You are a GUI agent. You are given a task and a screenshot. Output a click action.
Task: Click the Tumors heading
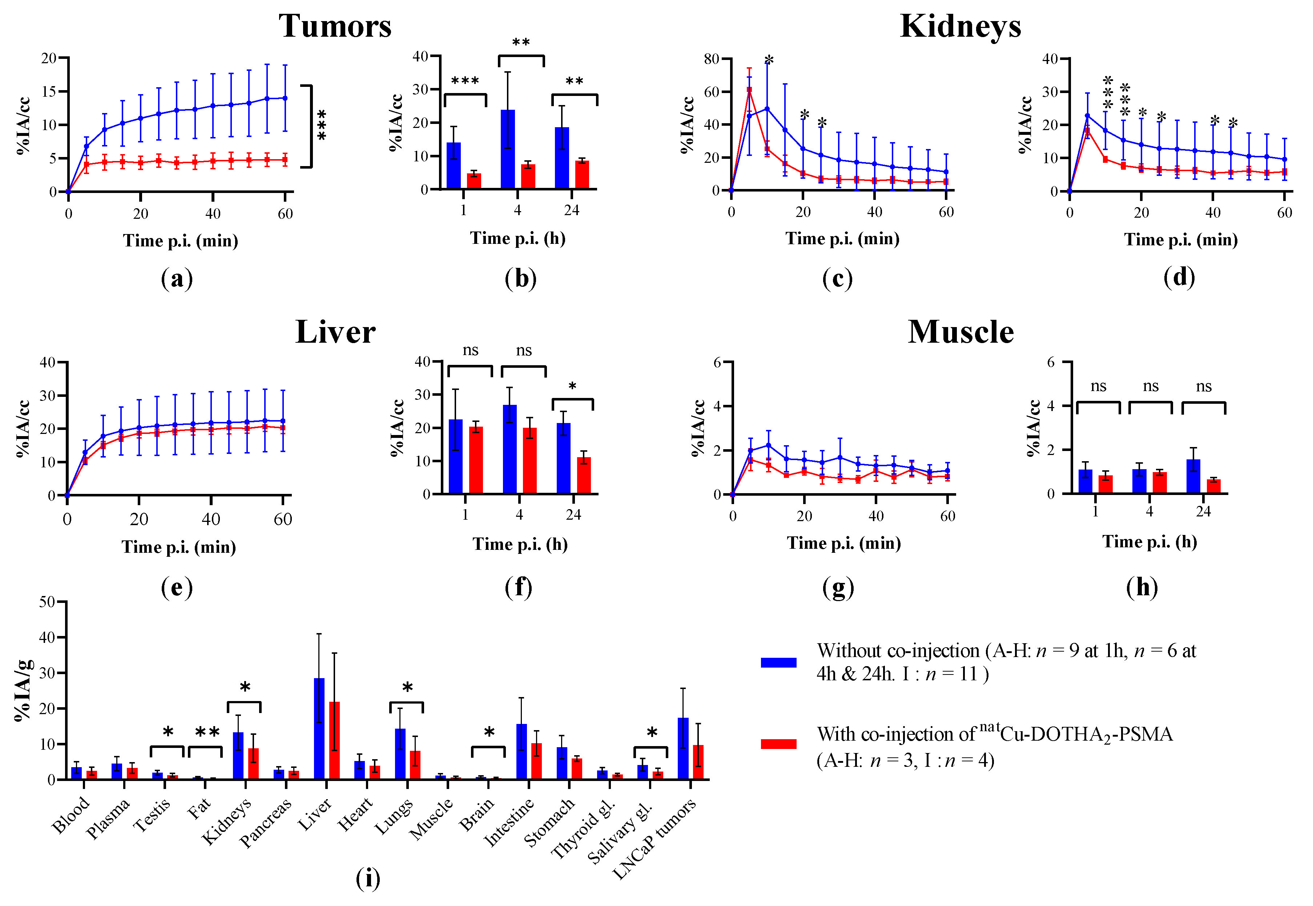point(335,26)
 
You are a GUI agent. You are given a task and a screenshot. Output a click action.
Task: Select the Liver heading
point(335,332)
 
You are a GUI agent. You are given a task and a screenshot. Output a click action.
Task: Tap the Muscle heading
point(960,332)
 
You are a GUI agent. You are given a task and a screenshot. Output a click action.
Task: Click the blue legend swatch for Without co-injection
point(778,662)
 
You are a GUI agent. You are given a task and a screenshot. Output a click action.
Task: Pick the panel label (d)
point(1179,277)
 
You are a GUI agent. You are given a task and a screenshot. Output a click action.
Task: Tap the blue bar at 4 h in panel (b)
point(508,149)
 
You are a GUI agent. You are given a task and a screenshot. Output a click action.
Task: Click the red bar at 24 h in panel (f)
point(584,476)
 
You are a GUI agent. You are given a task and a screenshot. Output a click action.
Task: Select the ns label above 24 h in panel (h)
point(1204,387)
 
